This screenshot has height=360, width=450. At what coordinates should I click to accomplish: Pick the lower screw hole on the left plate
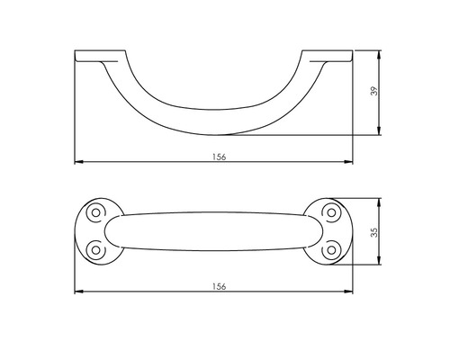[x=94, y=248]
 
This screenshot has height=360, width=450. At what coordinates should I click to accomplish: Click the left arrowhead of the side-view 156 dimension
[x=76, y=163]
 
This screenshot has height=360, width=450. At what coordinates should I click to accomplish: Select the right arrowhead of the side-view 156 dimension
[x=351, y=163]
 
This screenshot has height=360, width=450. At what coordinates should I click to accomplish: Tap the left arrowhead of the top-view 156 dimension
[x=76, y=292]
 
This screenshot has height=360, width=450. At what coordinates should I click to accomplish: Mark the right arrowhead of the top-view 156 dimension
[x=351, y=292]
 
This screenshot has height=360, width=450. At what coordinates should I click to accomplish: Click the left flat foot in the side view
[x=90, y=58]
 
